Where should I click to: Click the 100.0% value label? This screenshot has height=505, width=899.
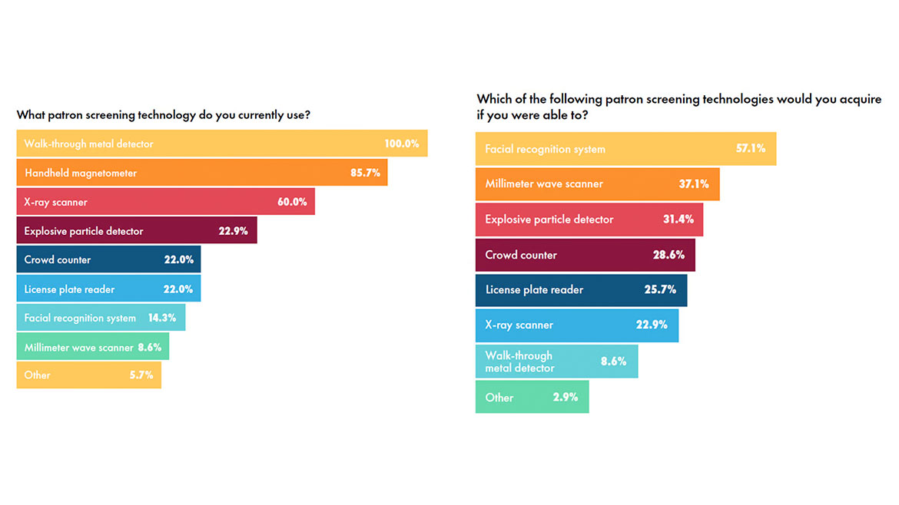point(401,144)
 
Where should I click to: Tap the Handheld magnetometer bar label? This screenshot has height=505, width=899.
point(81,173)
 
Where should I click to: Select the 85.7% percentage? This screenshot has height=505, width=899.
point(365,173)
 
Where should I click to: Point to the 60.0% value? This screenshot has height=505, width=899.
point(292,202)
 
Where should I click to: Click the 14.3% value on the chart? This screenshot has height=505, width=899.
point(163,318)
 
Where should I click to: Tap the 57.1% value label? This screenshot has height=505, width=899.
point(751,148)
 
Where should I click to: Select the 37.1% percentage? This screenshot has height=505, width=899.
point(694,184)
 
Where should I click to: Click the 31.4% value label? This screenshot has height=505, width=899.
point(678,219)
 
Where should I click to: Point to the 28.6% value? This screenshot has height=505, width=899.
point(668,255)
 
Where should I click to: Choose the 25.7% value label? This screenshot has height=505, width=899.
point(660,290)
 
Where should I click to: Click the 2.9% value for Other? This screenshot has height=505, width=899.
point(566,398)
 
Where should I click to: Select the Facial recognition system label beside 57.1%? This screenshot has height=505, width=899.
point(545,149)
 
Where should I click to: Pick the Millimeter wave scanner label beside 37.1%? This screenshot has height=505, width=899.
point(544,184)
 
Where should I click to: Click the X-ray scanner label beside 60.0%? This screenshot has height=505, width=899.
point(55,202)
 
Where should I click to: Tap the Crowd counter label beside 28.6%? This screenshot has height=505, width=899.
point(521,255)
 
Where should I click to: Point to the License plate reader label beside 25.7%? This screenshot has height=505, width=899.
point(534,290)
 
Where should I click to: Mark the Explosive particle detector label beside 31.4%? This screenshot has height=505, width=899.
point(549,219)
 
